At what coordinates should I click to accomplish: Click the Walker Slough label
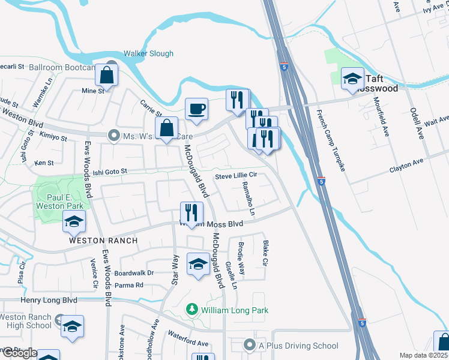tap(148, 53)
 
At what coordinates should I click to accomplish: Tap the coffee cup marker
tap(196, 110)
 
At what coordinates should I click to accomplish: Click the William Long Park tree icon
tap(192, 310)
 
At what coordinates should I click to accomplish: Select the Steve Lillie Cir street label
tap(236, 175)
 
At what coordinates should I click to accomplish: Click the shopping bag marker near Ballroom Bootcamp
tap(106, 76)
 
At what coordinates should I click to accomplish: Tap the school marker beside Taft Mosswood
tap(352, 79)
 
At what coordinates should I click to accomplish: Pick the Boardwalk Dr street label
tap(134, 273)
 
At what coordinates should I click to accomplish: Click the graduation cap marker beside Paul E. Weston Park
tap(74, 223)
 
